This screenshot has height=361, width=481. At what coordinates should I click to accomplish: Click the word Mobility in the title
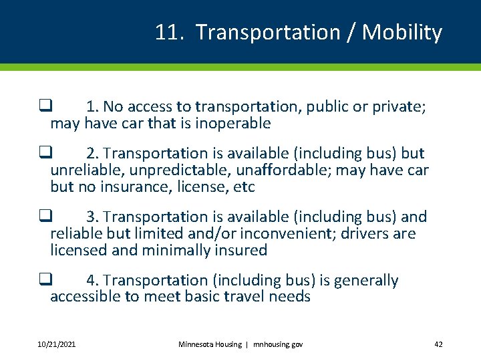click(x=402, y=33)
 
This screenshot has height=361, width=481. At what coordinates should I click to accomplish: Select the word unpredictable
click(x=168, y=170)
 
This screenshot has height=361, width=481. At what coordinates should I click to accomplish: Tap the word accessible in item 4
click(x=85, y=297)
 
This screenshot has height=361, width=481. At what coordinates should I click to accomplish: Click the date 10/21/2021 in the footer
click(x=56, y=344)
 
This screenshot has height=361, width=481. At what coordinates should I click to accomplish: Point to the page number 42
click(x=438, y=344)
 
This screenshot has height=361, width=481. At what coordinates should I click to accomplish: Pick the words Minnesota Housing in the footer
click(x=210, y=344)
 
